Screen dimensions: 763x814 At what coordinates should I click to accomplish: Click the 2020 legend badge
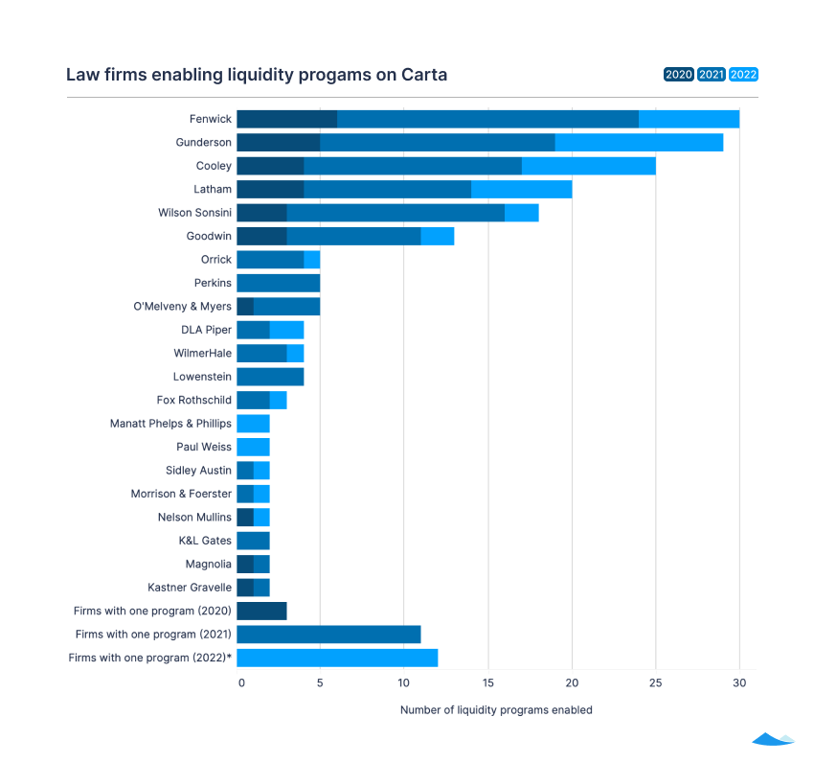tap(678, 75)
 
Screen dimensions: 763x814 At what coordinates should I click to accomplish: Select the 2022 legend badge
tap(743, 75)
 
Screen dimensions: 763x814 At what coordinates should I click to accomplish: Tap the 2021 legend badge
tap(711, 75)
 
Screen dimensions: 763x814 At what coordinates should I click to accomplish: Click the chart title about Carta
tap(256, 75)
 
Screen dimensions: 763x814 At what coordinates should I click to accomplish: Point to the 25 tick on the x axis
tap(655, 682)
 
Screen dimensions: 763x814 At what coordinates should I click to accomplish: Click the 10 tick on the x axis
tap(403, 682)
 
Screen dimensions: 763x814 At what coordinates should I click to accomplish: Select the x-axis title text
tap(495, 710)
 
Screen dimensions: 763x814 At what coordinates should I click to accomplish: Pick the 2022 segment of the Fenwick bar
tap(689, 119)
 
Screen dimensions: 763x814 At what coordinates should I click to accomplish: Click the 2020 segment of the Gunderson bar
tap(278, 142)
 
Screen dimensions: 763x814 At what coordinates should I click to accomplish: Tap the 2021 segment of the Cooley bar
tap(412, 166)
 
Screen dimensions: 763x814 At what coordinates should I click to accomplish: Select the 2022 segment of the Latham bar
tap(521, 189)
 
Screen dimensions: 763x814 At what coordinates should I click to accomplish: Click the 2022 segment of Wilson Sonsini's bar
tap(521, 213)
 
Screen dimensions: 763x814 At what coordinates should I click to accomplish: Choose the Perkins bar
tap(278, 283)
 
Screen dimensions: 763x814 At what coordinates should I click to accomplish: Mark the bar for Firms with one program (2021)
tap(328, 634)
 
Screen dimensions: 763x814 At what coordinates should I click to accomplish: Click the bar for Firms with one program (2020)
tap(260, 611)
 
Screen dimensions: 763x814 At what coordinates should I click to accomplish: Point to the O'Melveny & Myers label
tap(182, 307)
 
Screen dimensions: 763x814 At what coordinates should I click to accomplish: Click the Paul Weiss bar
tap(253, 447)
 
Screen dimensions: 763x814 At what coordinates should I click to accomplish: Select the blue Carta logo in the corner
tap(773, 739)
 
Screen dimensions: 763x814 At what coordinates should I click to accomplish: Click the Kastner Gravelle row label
tap(189, 587)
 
